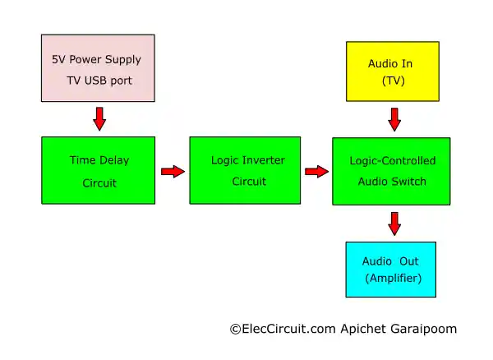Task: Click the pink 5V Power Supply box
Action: pyautogui.click(x=98, y=69)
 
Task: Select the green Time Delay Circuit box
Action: pyautogui.click(x=99, y=171)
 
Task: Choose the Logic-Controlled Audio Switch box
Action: pyautogui.click(x=391, y=171)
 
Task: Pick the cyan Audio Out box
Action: pyautogui.click(x=391, y=269)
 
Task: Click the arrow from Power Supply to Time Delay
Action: pyautogui.click(x=99, y=119)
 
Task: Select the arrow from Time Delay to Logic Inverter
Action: pyautogui.click(x=173, y=171)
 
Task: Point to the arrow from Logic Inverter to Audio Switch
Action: pyautogui.click(x=316, y=171)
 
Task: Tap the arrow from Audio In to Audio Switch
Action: pyautogui.click(x=394, y=120)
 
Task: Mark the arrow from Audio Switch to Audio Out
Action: pyautogui.click(x=394, y=223)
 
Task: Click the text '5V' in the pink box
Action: pyautogui.click(x=59, y=58)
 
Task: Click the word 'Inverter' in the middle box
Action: pyautogui.click(x=263, y=160)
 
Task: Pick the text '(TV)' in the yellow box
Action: pyautogui.click(x=394, y=81)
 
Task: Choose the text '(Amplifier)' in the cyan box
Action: pyautogui.click(x=394, y=279)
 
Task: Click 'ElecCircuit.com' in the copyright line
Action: pyautogui.click(x=284, y=329)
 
